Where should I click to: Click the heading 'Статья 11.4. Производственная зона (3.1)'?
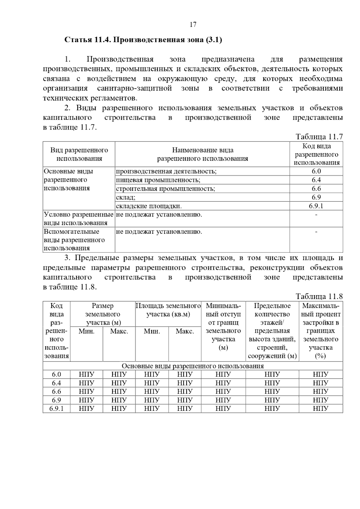click(x=143, y=40)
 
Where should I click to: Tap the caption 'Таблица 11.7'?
click(x=319, y=137)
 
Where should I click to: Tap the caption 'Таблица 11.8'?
click(x=319, y=296)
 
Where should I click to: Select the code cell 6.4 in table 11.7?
click(x=316, y=180)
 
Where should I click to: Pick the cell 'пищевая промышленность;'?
click(x=158, y=180)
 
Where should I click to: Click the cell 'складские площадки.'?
click(x=149, y=206)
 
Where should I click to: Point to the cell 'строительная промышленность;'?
click(x=166, y=189)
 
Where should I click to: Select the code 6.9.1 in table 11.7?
click(x=316, y=206)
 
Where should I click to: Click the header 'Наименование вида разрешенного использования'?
click(x=202, y=154)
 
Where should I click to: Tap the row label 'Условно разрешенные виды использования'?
click(x=79, y=219)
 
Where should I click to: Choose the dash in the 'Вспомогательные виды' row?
click(x=316, y=232)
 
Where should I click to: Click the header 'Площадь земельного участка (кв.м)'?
click(x=168, y=310)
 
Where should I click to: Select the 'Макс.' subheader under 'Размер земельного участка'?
click(x=119, y=331)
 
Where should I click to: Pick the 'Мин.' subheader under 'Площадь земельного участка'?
click(x=152, y=331)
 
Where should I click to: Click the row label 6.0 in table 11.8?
click(x=56, y=374)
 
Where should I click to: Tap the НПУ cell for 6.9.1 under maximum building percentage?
click(x=320, y=408)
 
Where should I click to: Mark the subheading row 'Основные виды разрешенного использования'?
click(x=193, y=366)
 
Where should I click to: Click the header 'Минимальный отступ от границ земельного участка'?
click(x=223, y=327)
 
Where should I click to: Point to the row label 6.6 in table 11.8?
click(x=56, y=391)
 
